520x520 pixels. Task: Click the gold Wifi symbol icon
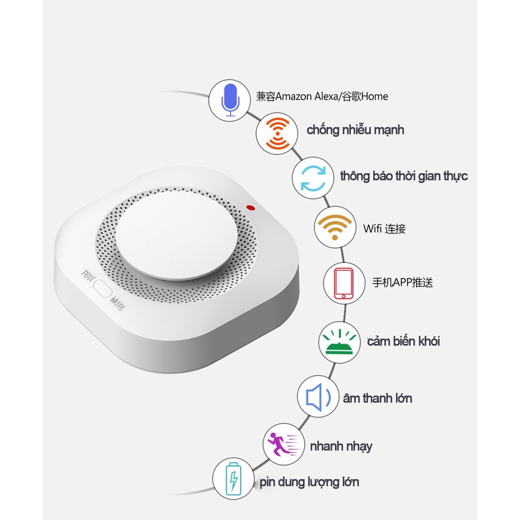334,227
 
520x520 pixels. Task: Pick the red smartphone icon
343,283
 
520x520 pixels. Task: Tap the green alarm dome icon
338,341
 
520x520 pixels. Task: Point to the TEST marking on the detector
87,274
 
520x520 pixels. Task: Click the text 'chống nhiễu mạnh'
355,129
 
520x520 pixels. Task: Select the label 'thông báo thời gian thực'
404,176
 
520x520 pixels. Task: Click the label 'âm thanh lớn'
377,399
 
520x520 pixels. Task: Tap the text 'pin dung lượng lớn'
309,482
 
